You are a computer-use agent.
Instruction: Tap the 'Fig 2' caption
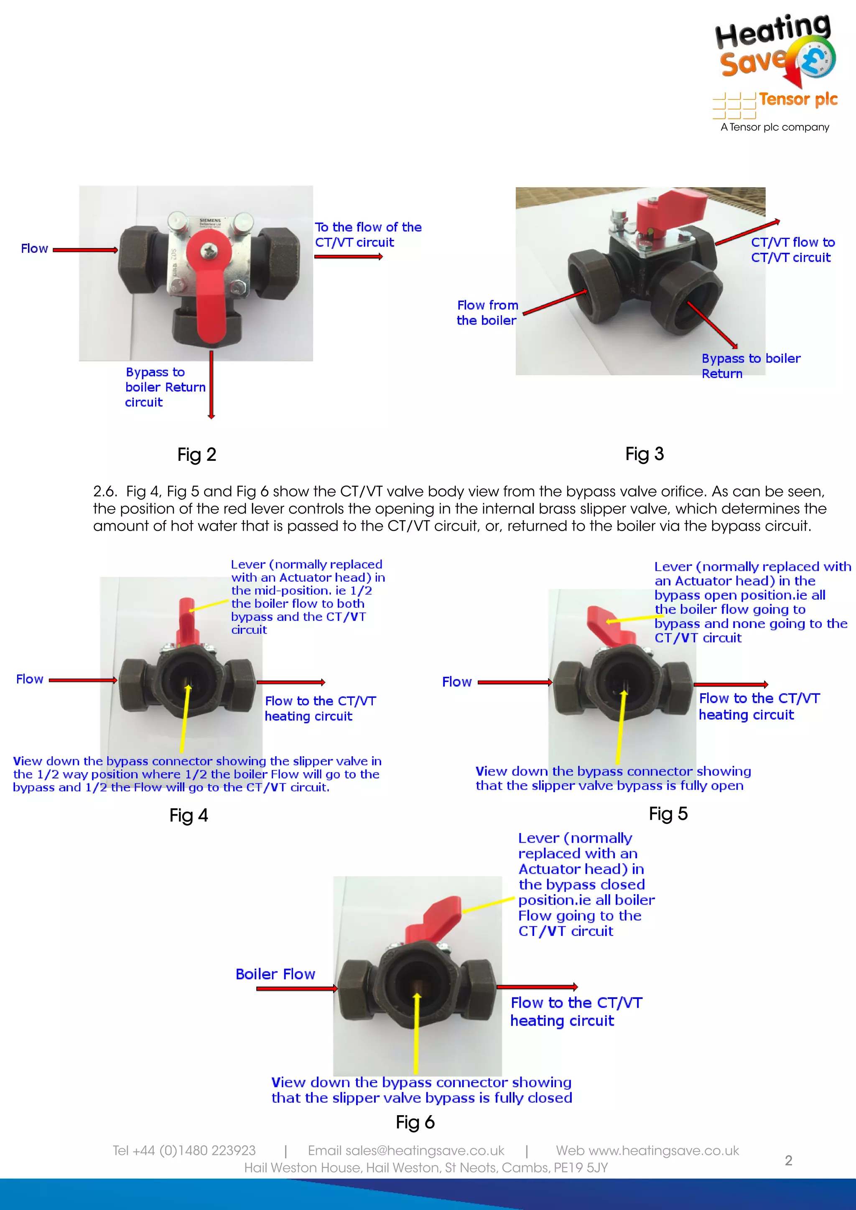(196, 454)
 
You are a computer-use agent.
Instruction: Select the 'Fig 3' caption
(644, 454)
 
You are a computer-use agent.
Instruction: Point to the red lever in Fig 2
(211, 295)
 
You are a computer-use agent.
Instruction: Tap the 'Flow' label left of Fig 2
(34, 248)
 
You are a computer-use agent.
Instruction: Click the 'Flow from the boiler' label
(487, 313)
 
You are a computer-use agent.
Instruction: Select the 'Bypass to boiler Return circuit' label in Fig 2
(164, 387)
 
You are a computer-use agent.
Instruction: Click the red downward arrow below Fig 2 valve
(211, 385)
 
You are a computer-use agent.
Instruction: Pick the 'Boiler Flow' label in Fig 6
(275, 974)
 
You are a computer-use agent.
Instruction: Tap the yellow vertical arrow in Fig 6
(416, 1033)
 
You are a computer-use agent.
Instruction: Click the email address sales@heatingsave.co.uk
(406, 1150)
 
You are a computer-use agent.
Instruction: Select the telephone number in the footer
(184, 1150)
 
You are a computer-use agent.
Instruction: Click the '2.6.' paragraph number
(104, 491)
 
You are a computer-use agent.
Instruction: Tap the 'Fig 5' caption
(668, 813)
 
